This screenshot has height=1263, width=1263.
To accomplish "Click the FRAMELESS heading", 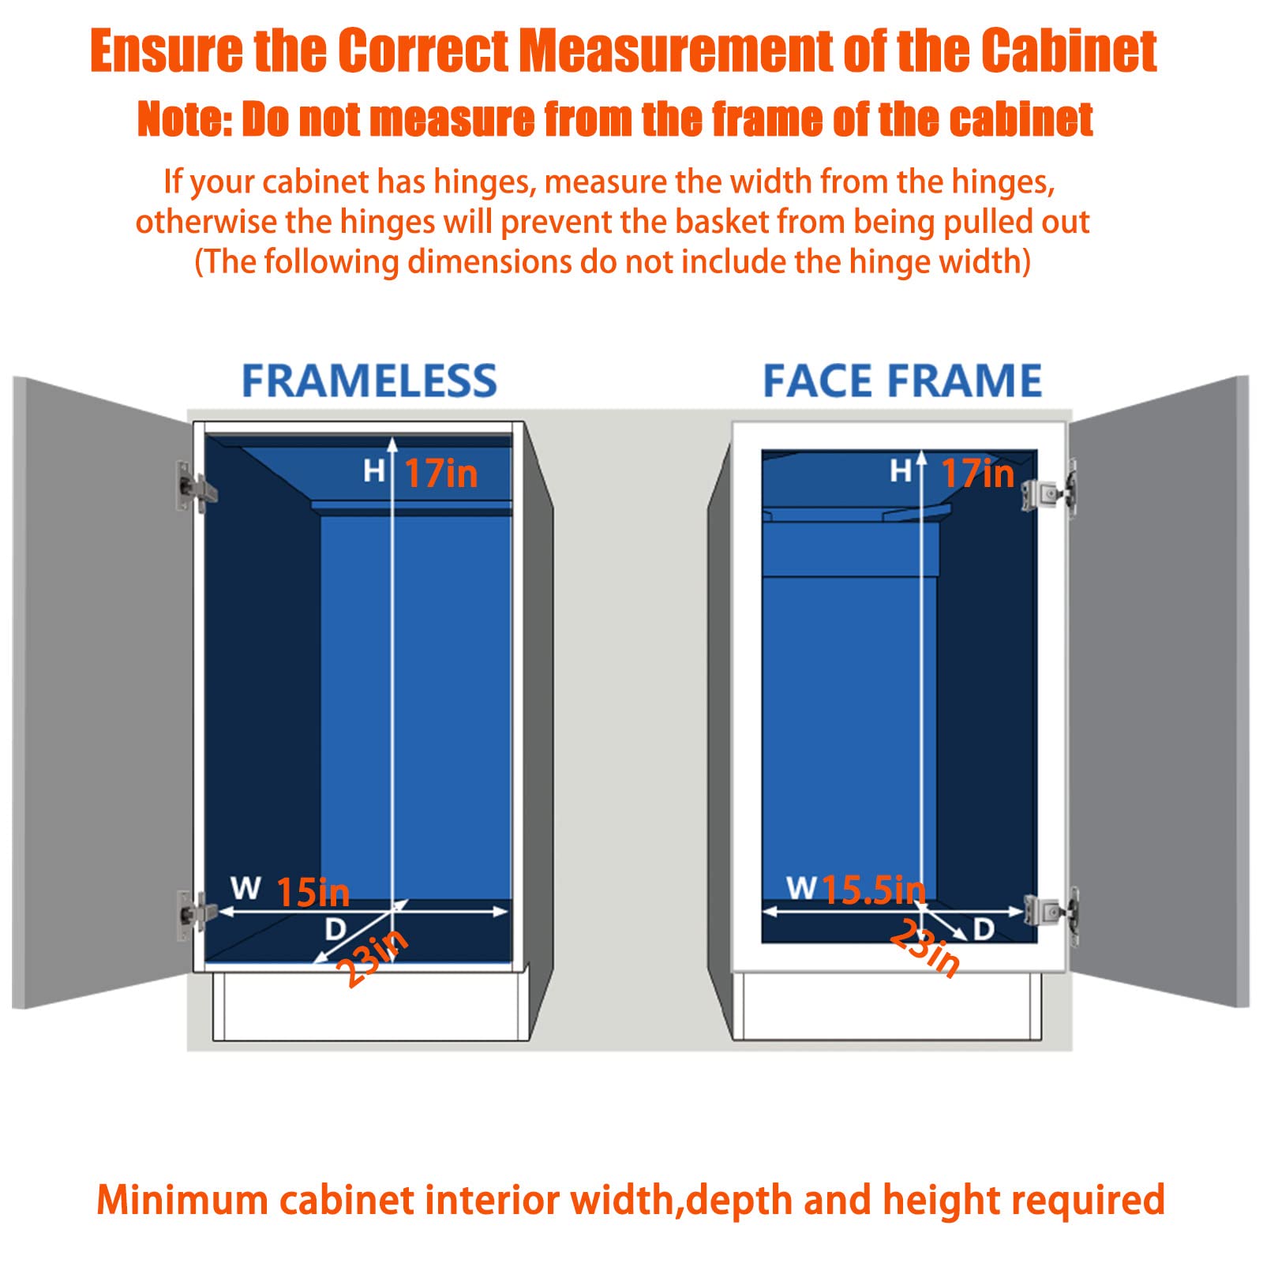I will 369,381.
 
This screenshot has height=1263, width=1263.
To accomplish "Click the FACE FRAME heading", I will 902,381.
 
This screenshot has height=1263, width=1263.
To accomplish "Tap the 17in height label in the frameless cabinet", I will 440,474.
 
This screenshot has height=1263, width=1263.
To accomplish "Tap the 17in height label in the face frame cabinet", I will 977,474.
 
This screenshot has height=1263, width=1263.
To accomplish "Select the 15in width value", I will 313,893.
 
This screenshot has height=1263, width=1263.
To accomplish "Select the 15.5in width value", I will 874,890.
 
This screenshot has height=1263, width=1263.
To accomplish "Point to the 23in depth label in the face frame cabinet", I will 925,948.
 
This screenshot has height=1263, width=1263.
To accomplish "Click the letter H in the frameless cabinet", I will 373,471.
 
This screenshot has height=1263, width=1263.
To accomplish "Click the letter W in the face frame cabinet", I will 801,888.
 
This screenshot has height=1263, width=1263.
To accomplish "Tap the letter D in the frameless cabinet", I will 335,929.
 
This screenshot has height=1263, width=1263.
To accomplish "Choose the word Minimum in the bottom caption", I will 182,1201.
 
